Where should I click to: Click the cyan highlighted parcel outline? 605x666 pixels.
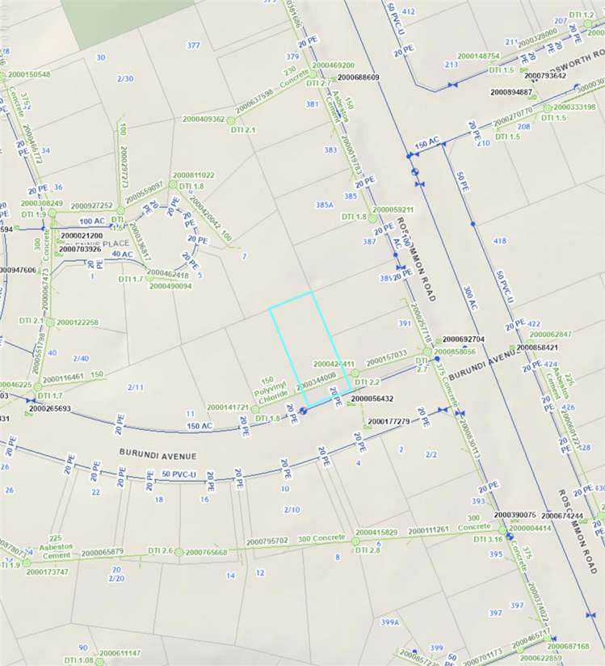[311, 348]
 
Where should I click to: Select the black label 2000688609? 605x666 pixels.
[359, 78]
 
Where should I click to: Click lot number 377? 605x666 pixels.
[193, 45]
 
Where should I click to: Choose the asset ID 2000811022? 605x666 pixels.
[193, 175]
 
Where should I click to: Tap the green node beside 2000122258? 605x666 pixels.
[50, 322]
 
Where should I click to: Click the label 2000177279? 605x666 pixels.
[389, 422]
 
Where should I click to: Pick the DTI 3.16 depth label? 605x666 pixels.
[489, 538]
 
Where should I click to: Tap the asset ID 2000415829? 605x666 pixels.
[376, 533]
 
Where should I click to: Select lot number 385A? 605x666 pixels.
[325, 205]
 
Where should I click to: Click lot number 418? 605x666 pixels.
[499, 241]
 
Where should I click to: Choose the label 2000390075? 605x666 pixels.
[515, 515]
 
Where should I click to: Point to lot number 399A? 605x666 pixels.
[390, 622]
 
